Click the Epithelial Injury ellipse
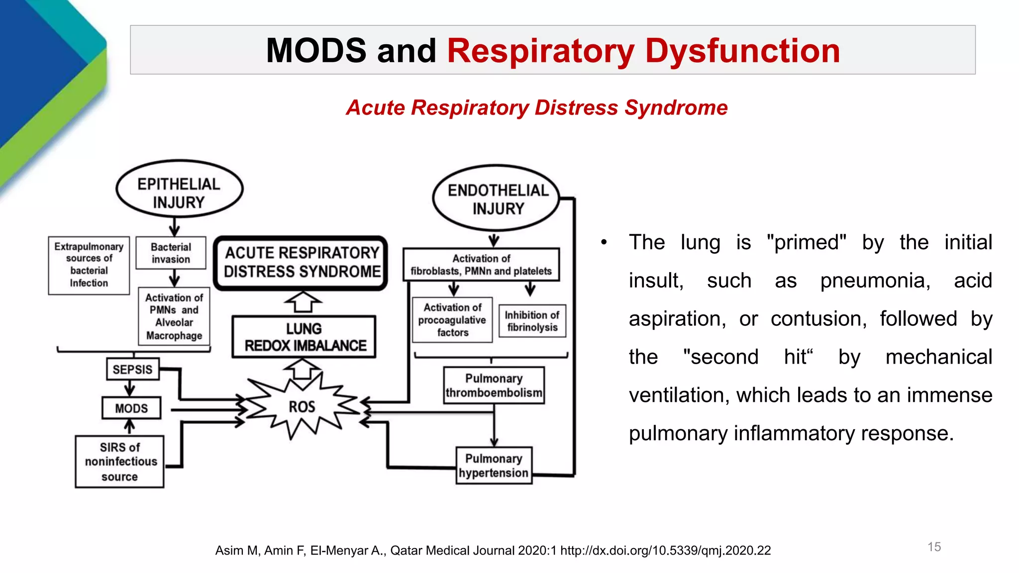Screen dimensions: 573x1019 coord(179,189)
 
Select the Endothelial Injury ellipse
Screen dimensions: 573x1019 coord(497,198)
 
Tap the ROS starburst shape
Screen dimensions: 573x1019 coord(302,407)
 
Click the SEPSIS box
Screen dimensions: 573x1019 coord(132,370)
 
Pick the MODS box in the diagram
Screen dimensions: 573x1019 coord(131,408)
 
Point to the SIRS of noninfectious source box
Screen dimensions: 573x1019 coord(119,462)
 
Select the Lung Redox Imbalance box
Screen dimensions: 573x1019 coord(304,337)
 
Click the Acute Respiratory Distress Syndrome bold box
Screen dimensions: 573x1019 coord(301,263)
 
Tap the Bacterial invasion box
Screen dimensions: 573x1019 coord(171,253)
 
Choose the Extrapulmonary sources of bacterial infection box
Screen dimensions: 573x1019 coord(89,265)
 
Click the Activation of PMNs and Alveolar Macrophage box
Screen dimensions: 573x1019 coord(174,316)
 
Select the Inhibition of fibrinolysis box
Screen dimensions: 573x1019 coord(532,321)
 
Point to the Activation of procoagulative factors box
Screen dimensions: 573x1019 coord(452,320)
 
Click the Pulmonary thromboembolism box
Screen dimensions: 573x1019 coord(494,385)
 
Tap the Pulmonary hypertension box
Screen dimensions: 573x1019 coord(494,466)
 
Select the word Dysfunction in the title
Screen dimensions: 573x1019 coord(742,51)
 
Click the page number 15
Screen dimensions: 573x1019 coord(934,547)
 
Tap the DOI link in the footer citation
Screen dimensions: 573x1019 coord(665,551)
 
